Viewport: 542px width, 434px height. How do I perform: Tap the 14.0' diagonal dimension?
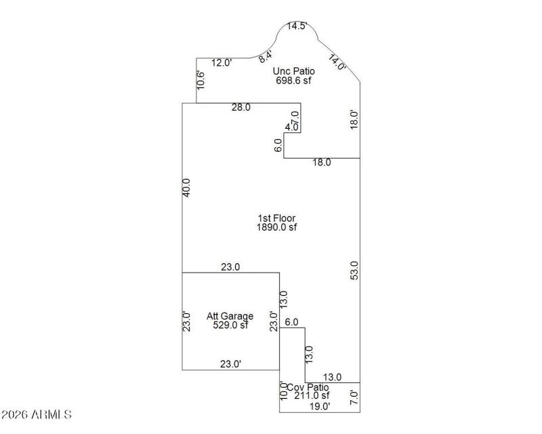tap(337, 62)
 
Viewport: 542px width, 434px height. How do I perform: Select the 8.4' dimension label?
tap(266, 57)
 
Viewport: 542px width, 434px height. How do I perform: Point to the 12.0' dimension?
tap(222, 62)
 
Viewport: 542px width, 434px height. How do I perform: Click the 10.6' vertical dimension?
tap(201, 80)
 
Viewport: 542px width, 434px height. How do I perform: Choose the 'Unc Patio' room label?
tap(293, 71)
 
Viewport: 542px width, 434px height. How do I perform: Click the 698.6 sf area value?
tap(293, 80)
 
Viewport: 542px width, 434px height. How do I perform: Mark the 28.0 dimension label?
tap(241, 107)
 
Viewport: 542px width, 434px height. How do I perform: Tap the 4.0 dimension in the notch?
tap(292, 127)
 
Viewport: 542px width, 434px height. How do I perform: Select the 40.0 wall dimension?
tap(187, 188)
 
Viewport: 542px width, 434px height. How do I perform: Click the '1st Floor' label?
tap(276, 218)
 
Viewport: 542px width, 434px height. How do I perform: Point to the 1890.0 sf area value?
tap(276, 228)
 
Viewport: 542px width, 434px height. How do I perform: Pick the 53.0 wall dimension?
tap(354, 271)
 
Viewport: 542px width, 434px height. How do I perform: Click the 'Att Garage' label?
tap(230, 316)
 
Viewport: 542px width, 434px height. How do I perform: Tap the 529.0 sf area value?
tap(230, 325)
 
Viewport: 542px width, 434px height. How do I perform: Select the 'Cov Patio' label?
tap(308, 387)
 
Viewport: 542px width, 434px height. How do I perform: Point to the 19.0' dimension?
tap(319, 407)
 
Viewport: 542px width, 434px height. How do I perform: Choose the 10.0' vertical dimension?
tap(284, 392)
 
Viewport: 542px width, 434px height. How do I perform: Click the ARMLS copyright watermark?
tap(37, 414)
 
